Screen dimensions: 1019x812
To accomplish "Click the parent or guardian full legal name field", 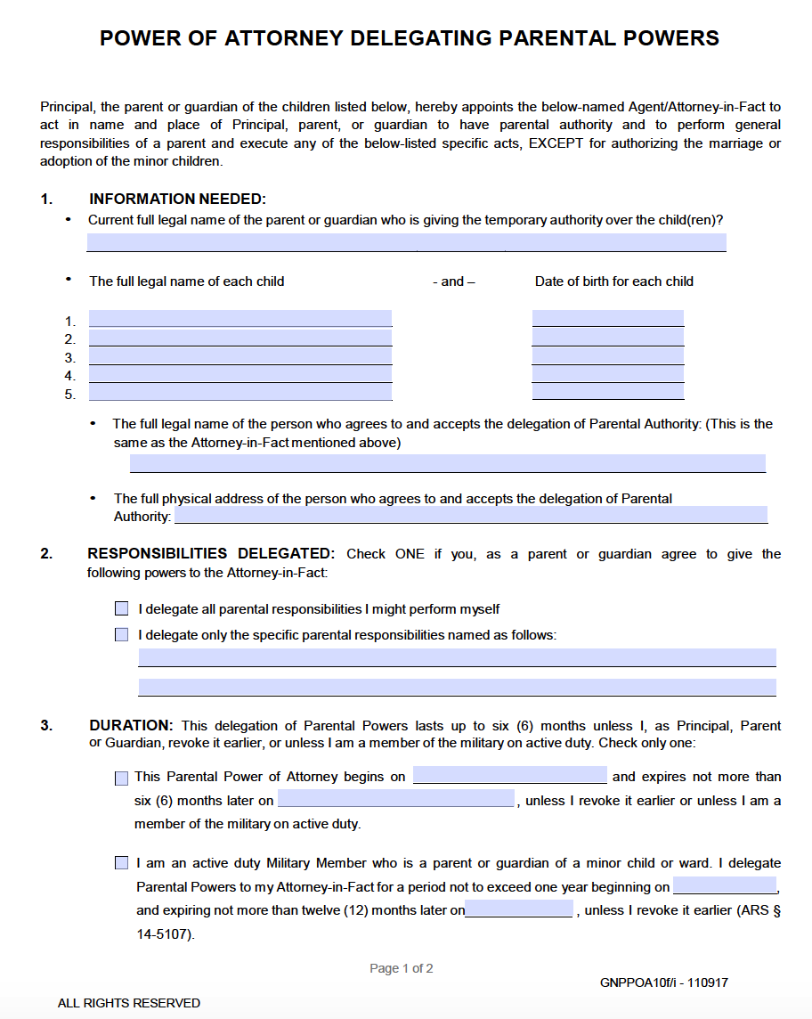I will (x=406, y=242).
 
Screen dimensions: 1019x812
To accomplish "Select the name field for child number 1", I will (x=240, y=319).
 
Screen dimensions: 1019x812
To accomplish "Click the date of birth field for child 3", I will (x=608, y=355).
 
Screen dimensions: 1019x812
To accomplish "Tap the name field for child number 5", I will (x=240, y=392).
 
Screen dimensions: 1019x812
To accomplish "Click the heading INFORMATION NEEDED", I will (x=177, y=199).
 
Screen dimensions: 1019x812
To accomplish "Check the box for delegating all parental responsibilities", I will (x=122, y=609).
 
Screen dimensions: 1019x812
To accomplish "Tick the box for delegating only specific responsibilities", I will (x=122, y=635).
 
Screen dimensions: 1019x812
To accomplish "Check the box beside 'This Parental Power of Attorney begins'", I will (x=122, y=778).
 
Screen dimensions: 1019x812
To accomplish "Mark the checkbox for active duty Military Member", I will (x=122, y=863).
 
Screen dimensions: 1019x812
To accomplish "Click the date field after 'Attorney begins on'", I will (x=509, y=775).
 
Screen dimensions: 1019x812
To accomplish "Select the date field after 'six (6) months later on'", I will (x=396, y=799).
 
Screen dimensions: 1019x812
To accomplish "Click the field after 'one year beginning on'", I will (x=725, y=885).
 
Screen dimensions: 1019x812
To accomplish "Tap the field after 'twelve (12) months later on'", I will (x=519, y=909).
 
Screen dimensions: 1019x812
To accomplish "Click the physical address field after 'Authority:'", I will (x=470, y=515).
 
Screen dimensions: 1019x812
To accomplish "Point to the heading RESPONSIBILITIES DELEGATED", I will (x=211, y=554).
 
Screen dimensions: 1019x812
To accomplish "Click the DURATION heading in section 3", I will (x=130, y=726).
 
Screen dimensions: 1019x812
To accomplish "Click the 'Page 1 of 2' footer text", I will (x=402, y=968).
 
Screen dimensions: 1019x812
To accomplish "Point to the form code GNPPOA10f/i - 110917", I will (x=664, y=982).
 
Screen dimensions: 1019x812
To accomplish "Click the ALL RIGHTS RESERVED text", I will (x=129, y=1003).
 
